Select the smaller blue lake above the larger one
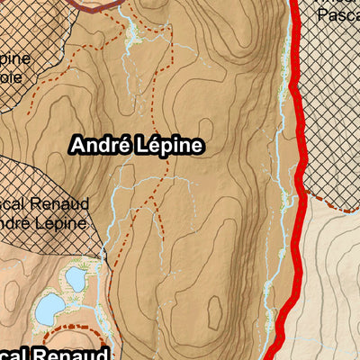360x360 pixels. click(75, 279)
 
